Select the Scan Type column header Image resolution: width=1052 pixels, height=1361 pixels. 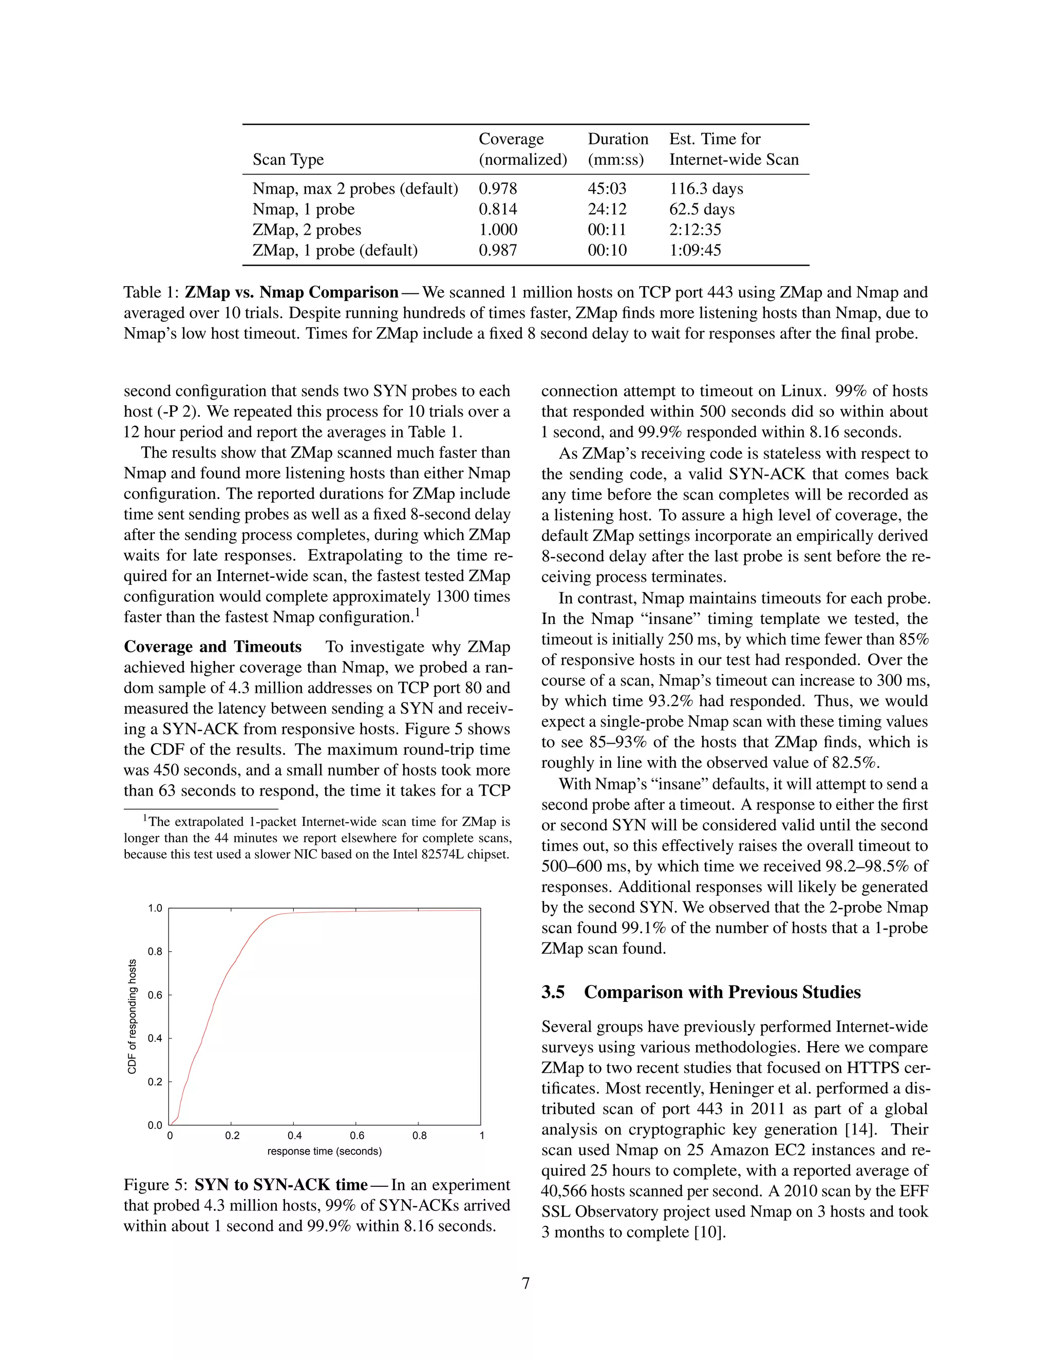[x=288, y=160]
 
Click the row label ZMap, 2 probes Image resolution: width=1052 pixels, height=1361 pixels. [x=307, y=230]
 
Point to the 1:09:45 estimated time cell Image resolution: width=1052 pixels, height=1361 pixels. [x=695, y=250]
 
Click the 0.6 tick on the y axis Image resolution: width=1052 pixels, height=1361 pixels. [x=155, y=995]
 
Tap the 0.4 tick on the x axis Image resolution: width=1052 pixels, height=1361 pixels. [x=295, y=1136]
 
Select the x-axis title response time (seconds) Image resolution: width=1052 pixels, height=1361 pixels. [x=324, y=1151]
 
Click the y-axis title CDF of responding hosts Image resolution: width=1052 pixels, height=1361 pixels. [x=132, y=1016]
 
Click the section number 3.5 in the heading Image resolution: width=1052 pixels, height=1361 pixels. [x=553, y=992]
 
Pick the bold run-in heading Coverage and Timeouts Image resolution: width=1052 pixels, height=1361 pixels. [x=213, y=647]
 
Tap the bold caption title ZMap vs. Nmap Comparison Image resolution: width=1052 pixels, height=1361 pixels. [x=291, y=292]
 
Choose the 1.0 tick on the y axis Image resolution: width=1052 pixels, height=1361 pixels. [x=155, y=909]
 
